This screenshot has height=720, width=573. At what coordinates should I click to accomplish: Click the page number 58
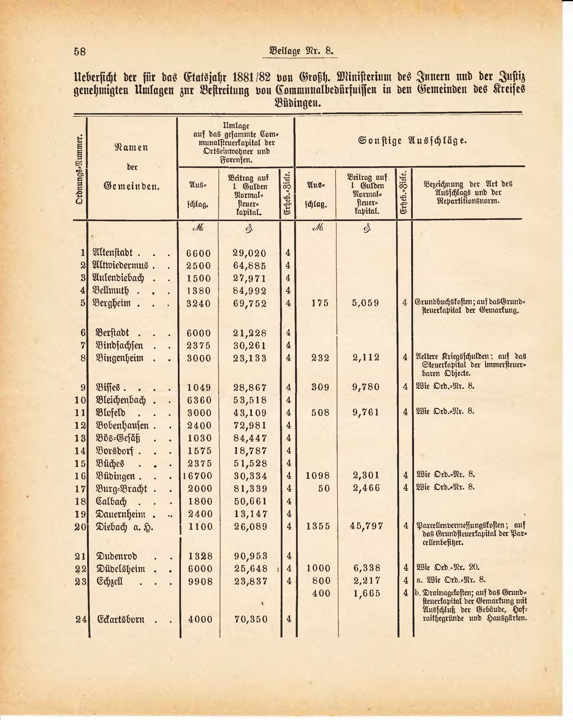click(x=80, y=52)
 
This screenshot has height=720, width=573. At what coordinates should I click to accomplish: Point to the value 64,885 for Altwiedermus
click(x=249, y=266)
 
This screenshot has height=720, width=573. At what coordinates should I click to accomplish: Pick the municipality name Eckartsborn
click(x=121, y=619)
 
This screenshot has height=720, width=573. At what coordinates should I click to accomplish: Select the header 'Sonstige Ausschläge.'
click(x=412, y=141)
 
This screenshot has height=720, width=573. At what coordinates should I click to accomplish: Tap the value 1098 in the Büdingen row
click(x=318, y=476)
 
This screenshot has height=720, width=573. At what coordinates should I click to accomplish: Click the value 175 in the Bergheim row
click(x=320, y=303)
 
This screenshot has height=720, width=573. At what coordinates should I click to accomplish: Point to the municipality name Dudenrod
click(x=117, y=556)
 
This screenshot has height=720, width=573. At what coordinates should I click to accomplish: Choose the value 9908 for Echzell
click(x=200, y=581)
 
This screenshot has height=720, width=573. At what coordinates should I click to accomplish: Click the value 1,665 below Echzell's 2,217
click(x=367, y=593)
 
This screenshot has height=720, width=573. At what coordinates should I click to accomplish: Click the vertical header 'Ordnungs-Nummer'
click(x=80, y=170)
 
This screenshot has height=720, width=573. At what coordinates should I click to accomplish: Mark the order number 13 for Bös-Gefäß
click(x=80, y=438)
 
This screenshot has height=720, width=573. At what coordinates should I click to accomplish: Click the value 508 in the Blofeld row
click(x=320, y=413)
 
